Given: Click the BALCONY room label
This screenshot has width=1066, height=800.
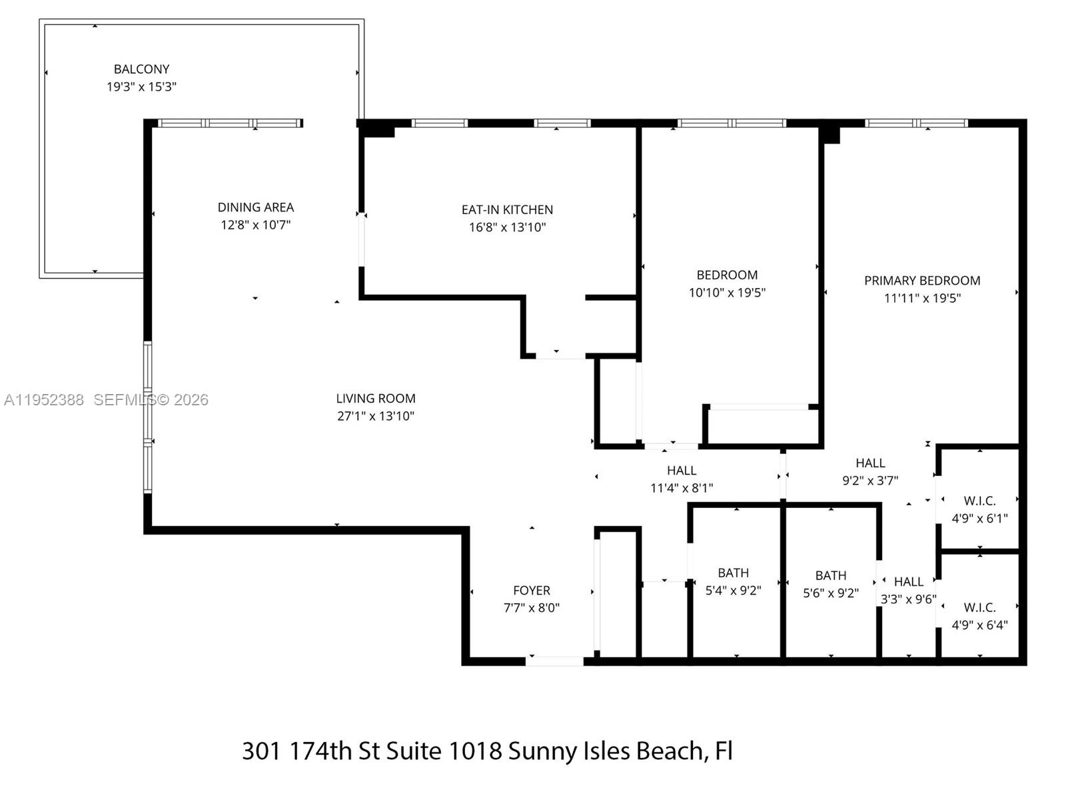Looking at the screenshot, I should click(x=141, y=69).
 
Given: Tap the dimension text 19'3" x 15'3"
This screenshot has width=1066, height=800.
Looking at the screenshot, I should click(x=141, y=87).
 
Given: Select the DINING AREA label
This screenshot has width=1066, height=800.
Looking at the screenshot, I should click(x=255, y=207).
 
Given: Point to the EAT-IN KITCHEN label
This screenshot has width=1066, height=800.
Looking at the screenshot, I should click(x=507, y=209).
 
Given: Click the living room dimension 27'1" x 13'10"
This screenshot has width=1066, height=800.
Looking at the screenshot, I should click(x=376, y=416).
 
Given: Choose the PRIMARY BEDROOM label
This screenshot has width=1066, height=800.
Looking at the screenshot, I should click(x=922, y=281).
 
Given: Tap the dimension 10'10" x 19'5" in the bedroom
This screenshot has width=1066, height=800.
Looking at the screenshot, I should click(x=727, y=292).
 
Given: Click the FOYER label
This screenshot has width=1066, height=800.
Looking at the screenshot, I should click(x=531, y=590).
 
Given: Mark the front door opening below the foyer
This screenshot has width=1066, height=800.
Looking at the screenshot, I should click(x=555, y=661).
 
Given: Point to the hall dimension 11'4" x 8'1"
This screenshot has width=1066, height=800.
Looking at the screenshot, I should click(x=682, y=488).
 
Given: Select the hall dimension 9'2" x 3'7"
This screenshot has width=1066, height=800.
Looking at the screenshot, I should click(x=870, y=480).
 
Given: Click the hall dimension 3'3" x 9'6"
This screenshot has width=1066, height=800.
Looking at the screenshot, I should click(x=908, y=599).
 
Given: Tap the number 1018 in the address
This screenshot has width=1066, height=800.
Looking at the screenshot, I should click(x=474, y=751).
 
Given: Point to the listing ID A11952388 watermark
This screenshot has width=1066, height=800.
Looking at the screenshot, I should click(x=44, y=400).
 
